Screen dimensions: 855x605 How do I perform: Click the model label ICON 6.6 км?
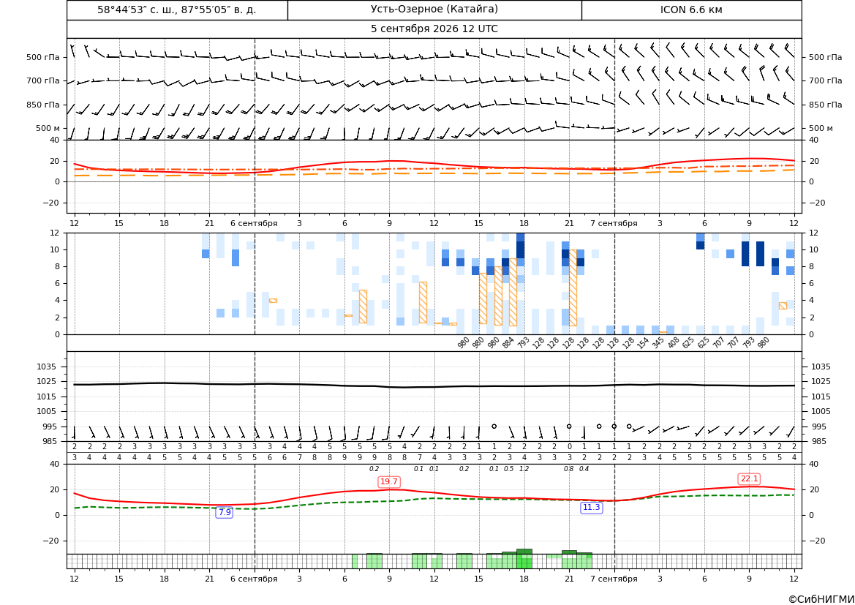pyautogui.click(x=691, y=10)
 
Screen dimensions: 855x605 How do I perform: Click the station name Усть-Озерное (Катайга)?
pyautogui.click(x=434, y=10)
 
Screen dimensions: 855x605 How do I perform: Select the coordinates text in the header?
pyautogui.click(x=177, y=10)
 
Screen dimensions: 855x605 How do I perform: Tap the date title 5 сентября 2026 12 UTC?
pyautogui.click(x=434, y=29)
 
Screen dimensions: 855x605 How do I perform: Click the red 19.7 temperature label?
pyautogui.click(x=389, y=481)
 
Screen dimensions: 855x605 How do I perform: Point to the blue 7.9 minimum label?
pyautogui.click(x=225, y=512)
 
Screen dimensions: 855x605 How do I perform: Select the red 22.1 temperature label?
pyautogui.click(x=749, y=479)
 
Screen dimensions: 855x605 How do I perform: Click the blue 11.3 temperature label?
pyautogui.click(x=591, y=508)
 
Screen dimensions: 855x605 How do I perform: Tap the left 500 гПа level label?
pyautogui.click(x=43, y=57)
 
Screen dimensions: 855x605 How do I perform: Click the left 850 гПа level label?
pyautogui.click(x=43, y=105)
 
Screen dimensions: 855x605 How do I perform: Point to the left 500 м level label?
pyautogui.click(x=48, y=128)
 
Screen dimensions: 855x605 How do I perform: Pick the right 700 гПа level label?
pyautogui.click(x=826, y=80)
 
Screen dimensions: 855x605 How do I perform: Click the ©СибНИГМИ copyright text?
pyautogui.click(x=821, y=599)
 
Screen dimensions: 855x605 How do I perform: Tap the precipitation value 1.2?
pyautogui.click(x=524, y=469)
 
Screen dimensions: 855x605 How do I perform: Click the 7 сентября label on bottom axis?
pyautogui.click(x=614, y=579)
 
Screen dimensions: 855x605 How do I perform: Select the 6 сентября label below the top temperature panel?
pyautogui.click(x=254, y=223)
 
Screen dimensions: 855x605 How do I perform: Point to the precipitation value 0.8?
pyautogui.click(x=569, y=469)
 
